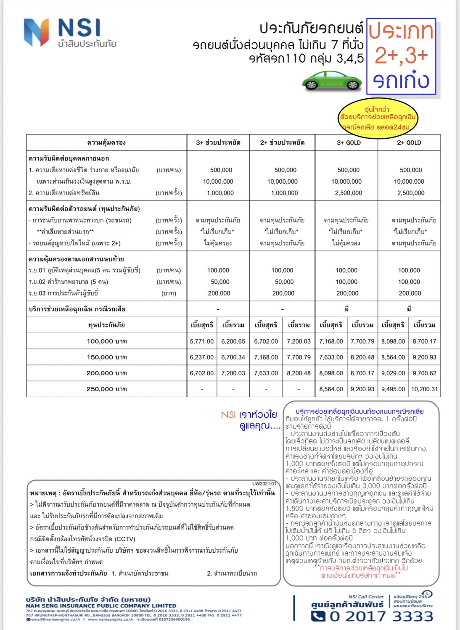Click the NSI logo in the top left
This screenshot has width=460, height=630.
click(x=69, y=32)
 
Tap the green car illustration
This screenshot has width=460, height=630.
click(x=332, y=80)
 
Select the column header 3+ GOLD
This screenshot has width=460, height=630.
click(x=348, y=142)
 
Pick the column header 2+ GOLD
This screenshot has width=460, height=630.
click(x=409, y=142)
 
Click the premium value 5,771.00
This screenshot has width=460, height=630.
click(x=201, y=341)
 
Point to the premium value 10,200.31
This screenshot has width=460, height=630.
click(x=424, y=389)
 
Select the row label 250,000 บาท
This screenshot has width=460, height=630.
click(x=106, y=389)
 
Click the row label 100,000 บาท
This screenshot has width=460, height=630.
click(x=106, y=341)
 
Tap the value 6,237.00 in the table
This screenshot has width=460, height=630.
click(x=201, y=357)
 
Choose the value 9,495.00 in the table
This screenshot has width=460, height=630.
click(x=393, y=389)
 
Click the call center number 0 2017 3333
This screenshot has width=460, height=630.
click(x=381, y=616)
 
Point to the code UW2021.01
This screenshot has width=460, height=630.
click(x=264, y=484)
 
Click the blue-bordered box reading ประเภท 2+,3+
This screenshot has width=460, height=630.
click(x=401, y=56)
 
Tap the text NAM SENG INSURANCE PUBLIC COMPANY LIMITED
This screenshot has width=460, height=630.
click(x=101, y=606)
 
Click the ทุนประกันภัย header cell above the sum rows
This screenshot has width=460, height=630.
click(x=106, y=325)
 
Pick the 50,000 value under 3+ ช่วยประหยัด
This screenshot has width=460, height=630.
click(x=220, y=282)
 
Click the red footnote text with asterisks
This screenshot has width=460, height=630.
click(x=361, y=572)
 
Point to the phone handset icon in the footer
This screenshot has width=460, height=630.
click(x=318, y=616)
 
